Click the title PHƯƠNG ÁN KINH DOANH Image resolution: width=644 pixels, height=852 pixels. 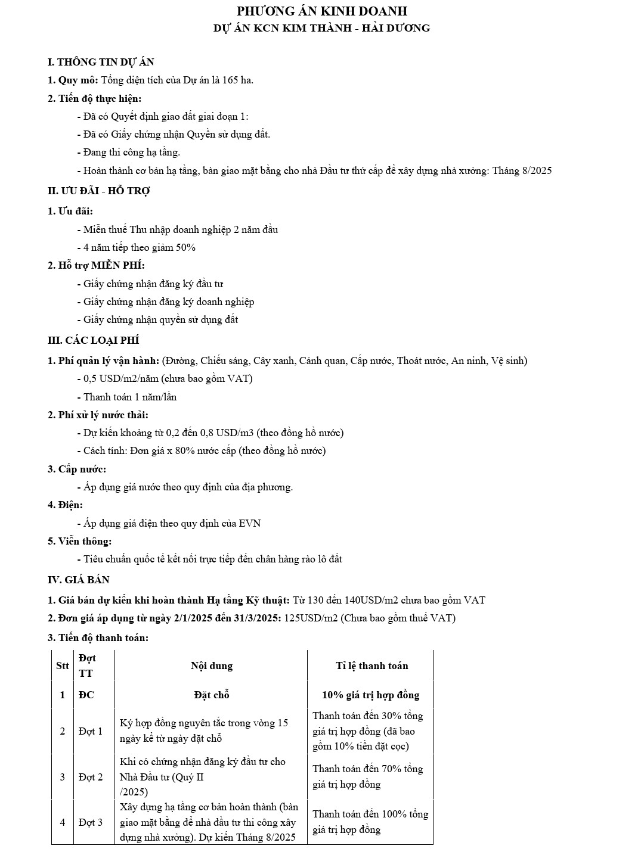(x=322, y=11)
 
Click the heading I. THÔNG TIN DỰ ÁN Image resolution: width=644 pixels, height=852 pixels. (x=101, y=62)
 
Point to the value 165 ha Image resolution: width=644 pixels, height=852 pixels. (x=237, y=80)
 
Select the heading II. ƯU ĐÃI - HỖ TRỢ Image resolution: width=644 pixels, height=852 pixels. (x=98, y=191)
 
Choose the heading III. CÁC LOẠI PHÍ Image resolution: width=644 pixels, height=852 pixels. (x=93, y=340)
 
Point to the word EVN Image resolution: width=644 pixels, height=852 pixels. (x=250, y=523)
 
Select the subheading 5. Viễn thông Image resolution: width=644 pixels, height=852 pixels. (x=79, y=541)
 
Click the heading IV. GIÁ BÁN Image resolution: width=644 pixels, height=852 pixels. (x=78, y=580)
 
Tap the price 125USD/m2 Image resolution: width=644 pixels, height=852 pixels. (x=311, y=618)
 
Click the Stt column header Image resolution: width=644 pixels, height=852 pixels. (x=62, y=666)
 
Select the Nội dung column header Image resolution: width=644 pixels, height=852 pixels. (x=211, y=666)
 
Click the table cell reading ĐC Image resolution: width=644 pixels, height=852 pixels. (x=86, y=695)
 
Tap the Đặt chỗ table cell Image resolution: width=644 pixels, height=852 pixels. (x=211, y=695)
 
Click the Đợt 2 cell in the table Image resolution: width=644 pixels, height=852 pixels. (x=91, y=776)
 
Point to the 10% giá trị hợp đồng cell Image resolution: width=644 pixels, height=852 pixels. (x=370, y=695)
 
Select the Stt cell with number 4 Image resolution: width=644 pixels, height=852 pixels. (x=62, y=822)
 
